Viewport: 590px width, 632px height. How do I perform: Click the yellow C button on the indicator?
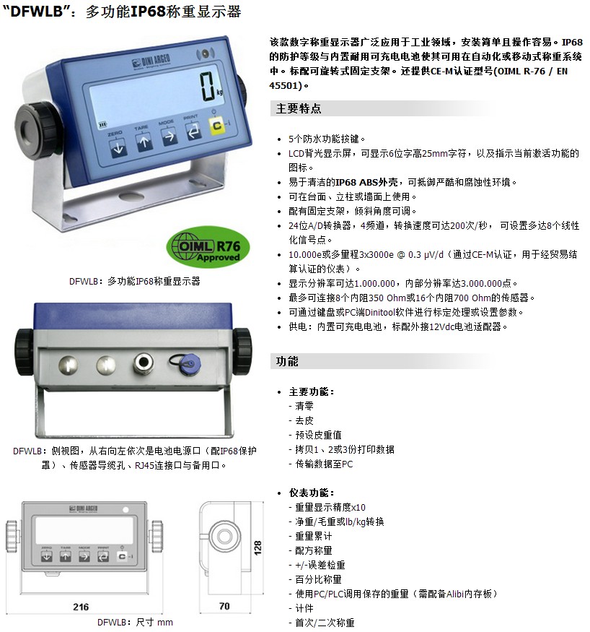tap(216, 126)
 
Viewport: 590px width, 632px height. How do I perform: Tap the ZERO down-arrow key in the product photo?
tap(118, 147)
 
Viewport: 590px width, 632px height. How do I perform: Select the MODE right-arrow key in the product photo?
tap(169, 137)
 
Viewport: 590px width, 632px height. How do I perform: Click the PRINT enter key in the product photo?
tap(193, 131)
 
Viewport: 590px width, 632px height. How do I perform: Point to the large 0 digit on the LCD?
tap(208, 86)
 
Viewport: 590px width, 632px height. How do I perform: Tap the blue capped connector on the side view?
tap(188, 363)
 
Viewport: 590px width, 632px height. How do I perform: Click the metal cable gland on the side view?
tap(144, 363)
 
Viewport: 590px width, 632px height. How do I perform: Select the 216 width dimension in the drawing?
tap(81, 607)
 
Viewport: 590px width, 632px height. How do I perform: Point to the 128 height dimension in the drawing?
tap(257, 547)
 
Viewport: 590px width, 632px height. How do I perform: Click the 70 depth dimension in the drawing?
tap(224, 606)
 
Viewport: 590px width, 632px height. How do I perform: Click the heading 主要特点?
tap(299, 108)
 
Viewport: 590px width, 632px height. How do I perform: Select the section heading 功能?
tap(287, 361)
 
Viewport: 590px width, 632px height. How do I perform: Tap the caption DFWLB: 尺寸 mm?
tap(135, 622)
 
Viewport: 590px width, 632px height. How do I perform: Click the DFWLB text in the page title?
tap(37, 11)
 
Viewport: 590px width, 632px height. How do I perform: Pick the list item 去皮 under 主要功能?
tap(304, 420)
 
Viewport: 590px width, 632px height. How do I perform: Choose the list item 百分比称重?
tap(318, 579)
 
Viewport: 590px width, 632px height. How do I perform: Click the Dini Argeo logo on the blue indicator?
tap(151, 61)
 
